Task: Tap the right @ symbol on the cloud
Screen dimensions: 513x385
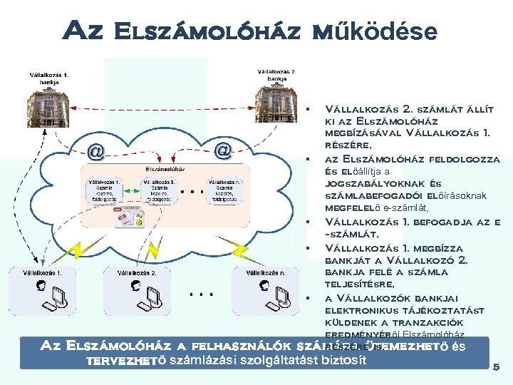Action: (224, 150)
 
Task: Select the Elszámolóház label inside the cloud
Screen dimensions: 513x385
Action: (166, 170)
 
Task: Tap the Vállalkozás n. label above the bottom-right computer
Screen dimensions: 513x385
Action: (265, 272)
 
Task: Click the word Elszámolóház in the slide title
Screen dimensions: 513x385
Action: (207, 31)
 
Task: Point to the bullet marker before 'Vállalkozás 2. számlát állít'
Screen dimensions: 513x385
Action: (306, 110)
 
